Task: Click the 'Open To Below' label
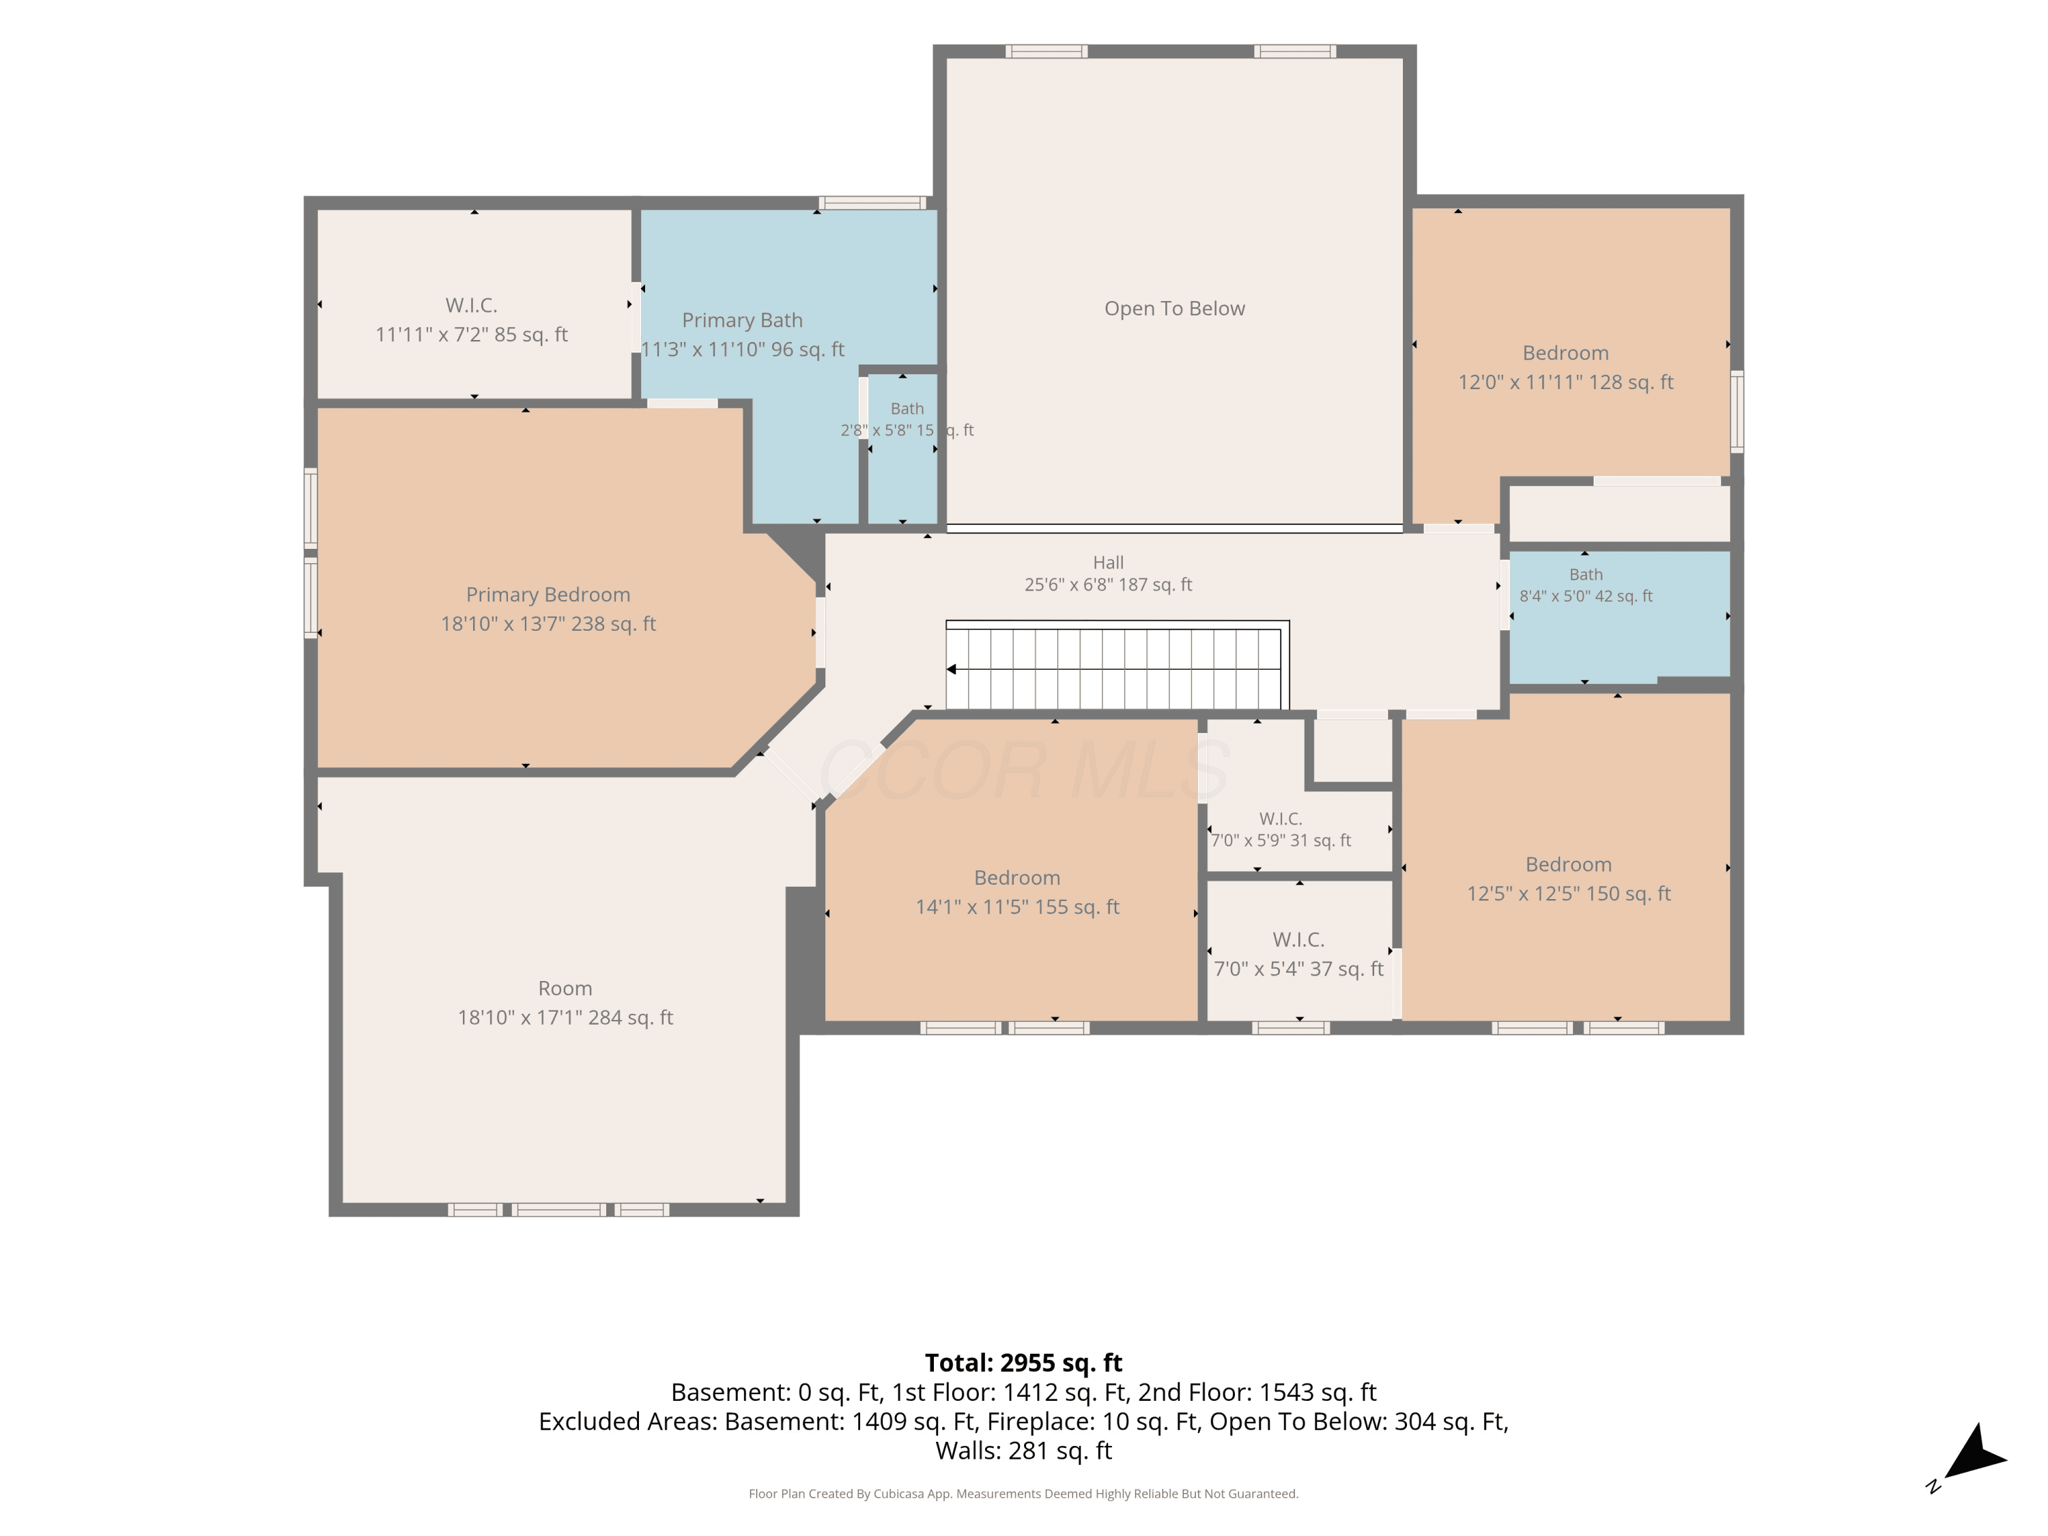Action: click(1174, 309)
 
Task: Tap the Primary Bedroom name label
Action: click(548, 595)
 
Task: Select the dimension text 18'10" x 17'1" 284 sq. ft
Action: click(565, 1018)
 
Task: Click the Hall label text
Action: click(1108, 562)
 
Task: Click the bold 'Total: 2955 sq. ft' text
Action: click(1023, 1363)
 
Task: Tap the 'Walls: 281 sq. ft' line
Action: click(1023, 1451)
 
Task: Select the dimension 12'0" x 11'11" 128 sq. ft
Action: click(1565, 382)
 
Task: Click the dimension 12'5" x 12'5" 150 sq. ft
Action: click(1568, 894)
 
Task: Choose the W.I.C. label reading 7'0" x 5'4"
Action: click(1298, 940)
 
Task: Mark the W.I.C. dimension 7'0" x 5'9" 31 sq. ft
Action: click(1281, 840)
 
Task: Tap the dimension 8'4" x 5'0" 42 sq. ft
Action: click(1586, 596)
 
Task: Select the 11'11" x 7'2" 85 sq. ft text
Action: click(471, 335)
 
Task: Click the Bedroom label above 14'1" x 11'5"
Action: click(1016, 878)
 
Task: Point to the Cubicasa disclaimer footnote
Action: click(1023, 1494)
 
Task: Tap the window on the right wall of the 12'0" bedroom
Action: click(1737, 411)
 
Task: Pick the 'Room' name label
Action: click(565, 989)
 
